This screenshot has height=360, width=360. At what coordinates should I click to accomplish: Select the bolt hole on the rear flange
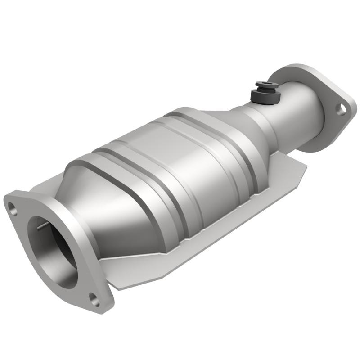coord(342,108)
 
